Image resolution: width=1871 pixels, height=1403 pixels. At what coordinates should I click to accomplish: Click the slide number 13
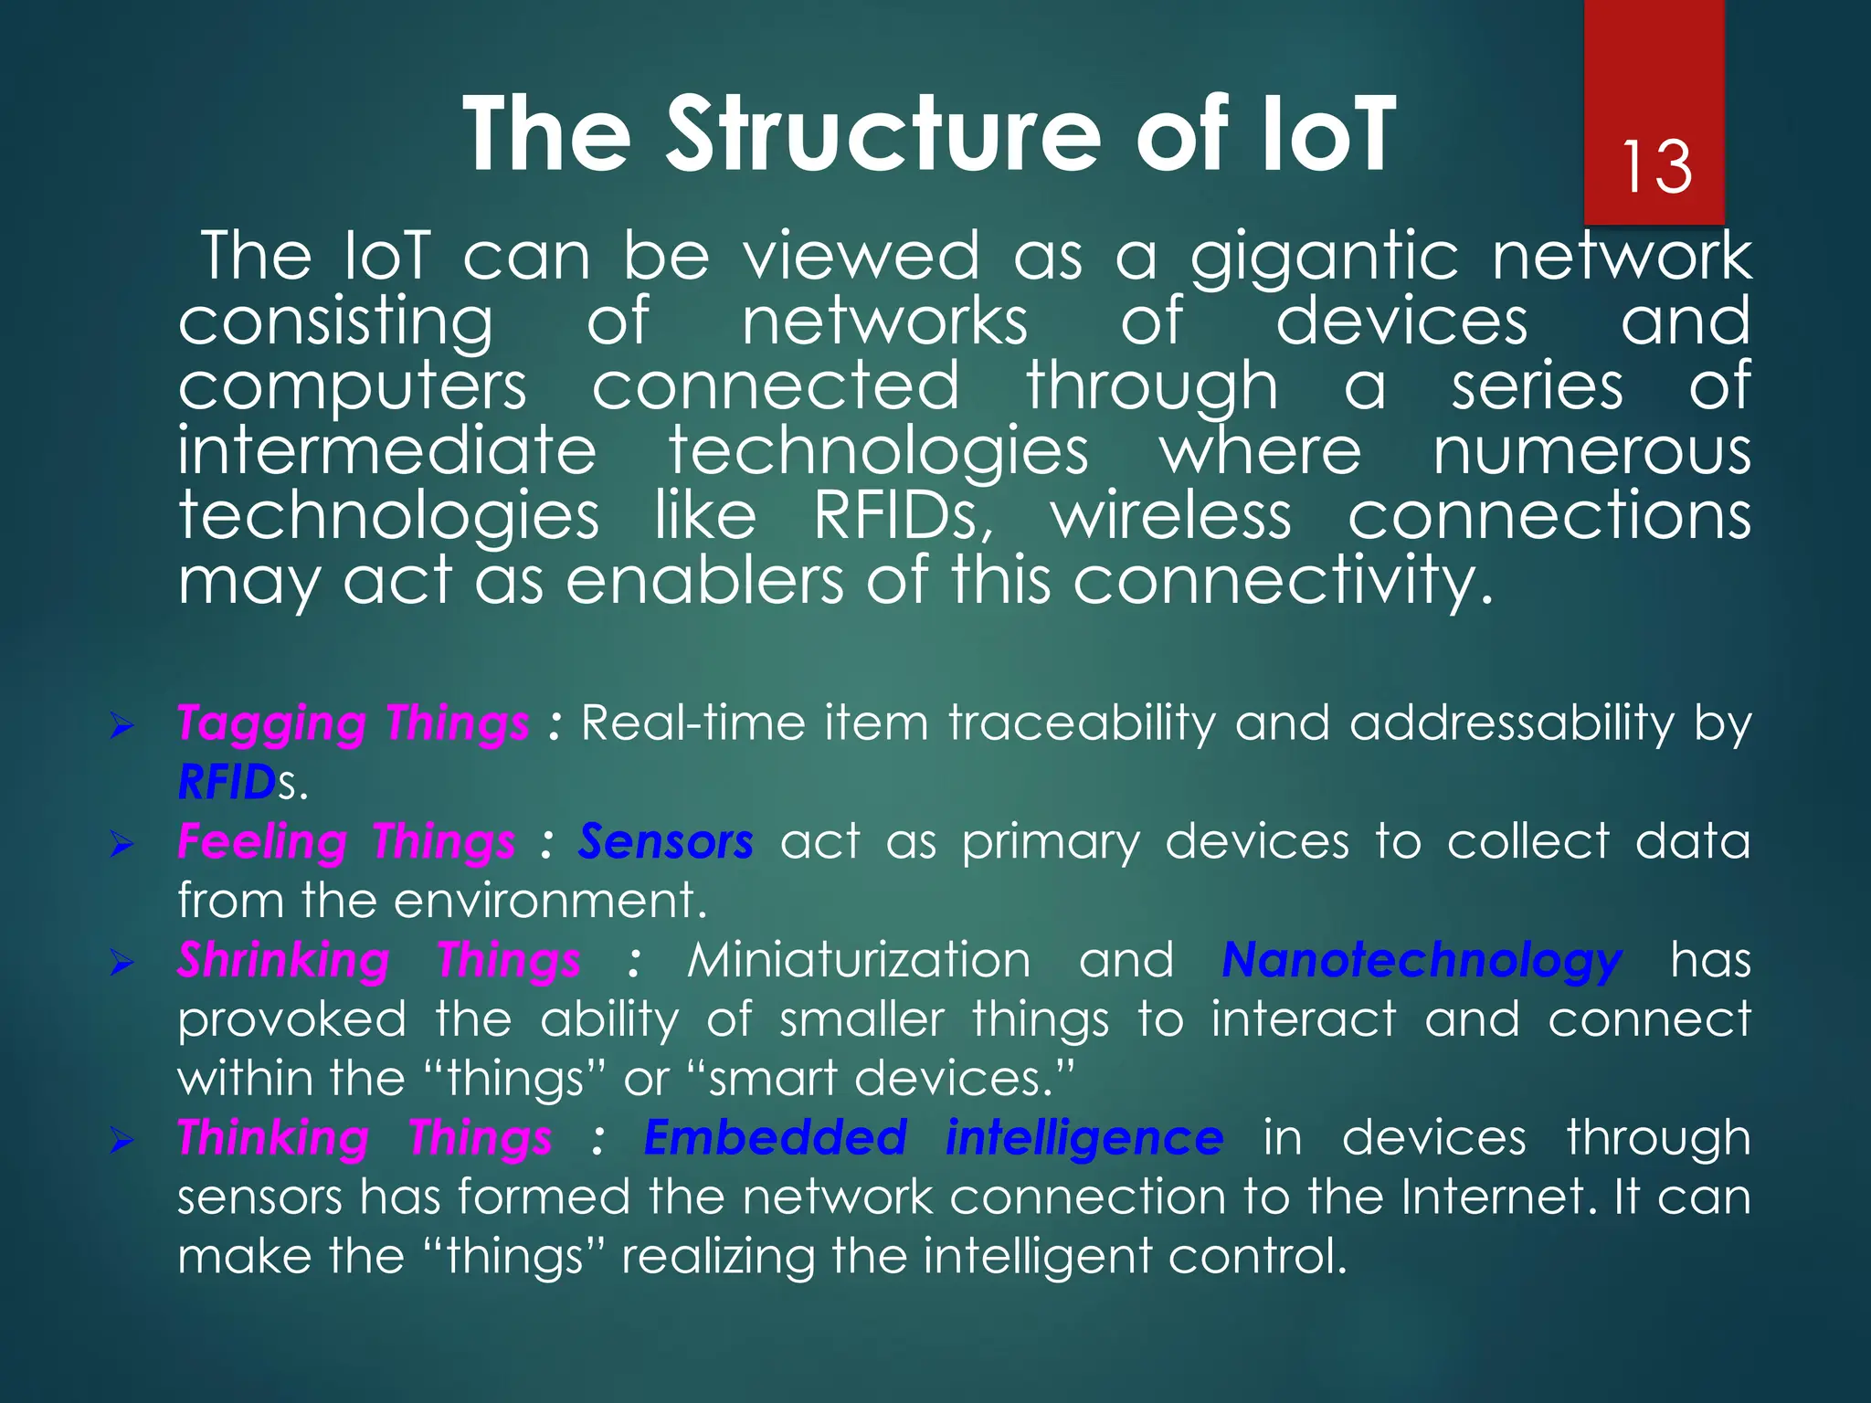point(1656,167)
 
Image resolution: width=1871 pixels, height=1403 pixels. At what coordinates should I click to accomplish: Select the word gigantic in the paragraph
point(1323,259)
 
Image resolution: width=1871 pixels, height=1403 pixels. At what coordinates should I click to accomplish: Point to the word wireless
point(1171,516)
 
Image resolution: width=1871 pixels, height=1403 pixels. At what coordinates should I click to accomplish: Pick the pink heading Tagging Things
point(353,723)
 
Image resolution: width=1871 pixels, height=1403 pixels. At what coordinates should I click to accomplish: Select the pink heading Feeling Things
point(346,841)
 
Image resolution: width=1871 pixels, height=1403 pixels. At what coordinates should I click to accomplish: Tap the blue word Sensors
point(665,841)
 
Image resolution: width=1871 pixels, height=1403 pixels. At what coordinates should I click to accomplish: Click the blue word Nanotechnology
point(1422,961)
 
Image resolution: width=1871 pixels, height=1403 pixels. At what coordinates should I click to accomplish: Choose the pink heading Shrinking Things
point(378,961)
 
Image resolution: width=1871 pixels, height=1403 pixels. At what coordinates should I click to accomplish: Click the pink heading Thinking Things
point(364,1139)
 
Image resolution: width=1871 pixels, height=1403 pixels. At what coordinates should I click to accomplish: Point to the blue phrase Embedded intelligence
point(933,1139)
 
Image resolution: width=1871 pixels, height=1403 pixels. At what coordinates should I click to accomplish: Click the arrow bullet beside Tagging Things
point(122,727)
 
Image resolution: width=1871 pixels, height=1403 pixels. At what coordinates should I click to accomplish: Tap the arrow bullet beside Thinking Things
point(122,1141)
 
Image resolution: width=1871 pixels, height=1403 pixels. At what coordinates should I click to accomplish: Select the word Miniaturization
point(859,961)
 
